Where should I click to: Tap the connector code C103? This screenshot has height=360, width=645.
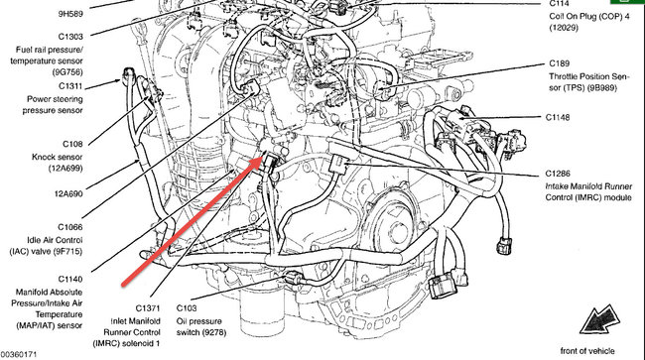pyautogui.click(x=189, y=309)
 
